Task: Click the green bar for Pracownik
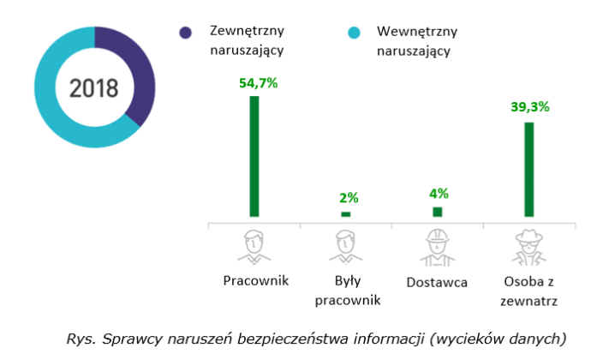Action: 254,156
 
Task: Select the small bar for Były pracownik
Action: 346,213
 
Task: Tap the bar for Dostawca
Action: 438,212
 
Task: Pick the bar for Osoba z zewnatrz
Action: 529,169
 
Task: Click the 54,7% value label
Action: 254,84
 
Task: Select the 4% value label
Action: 439,193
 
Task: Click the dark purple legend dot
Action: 186,33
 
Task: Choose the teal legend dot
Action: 353,33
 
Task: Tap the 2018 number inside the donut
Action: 94,87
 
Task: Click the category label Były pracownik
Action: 347,290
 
